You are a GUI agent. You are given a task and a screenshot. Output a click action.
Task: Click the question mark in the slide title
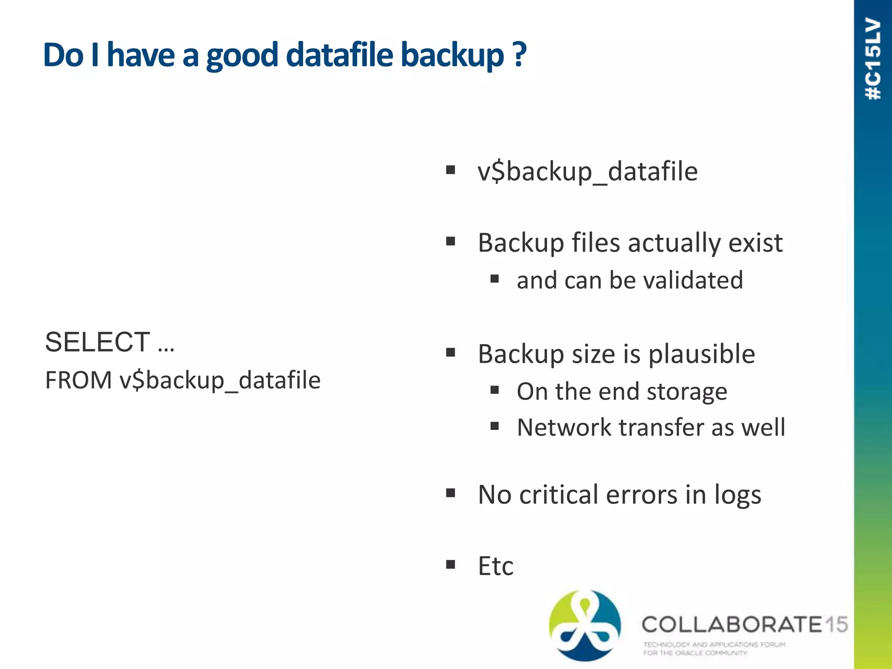519,54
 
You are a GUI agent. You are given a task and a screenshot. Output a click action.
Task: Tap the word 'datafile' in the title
340,54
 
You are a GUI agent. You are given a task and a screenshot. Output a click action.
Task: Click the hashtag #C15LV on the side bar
873,59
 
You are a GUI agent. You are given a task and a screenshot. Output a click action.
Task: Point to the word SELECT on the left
98,342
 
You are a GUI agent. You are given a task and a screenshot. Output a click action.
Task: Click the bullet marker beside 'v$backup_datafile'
450,170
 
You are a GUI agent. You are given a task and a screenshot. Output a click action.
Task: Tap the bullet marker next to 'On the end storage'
494,390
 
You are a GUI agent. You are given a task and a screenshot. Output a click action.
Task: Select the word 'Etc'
496,566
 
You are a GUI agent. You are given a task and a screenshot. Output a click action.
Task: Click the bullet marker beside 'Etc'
450,565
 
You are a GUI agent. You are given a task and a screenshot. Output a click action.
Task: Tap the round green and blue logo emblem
585,625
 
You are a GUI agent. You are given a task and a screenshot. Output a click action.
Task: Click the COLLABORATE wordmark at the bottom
732,625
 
